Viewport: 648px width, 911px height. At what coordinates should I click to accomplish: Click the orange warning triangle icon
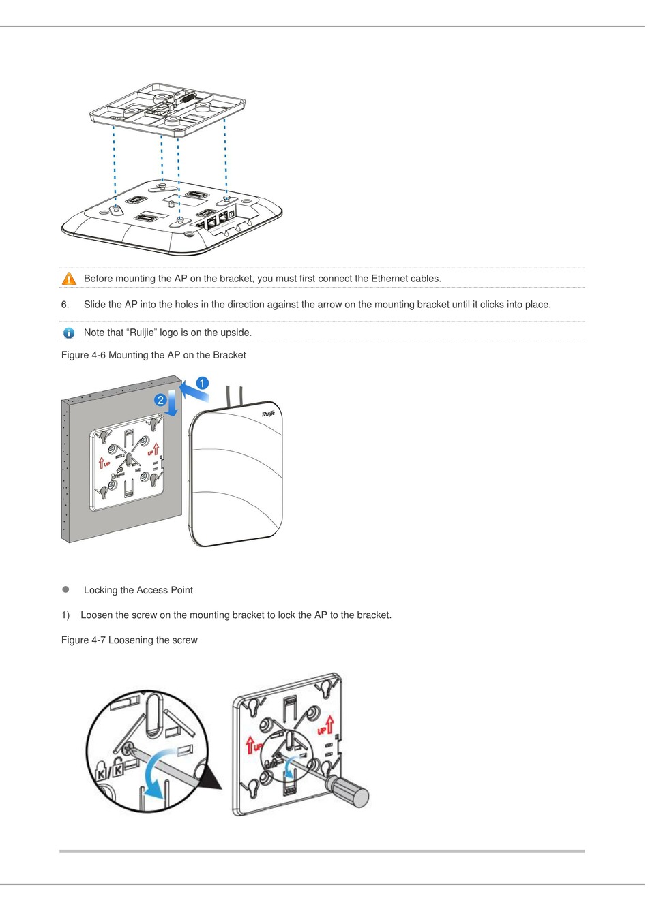click(x=69, y=279)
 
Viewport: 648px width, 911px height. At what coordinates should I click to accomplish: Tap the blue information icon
click(x=69, y=333)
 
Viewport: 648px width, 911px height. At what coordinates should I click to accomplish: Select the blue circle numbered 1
click(x=202, y=384)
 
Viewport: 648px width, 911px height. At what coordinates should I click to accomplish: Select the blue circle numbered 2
click(x=160, y=400)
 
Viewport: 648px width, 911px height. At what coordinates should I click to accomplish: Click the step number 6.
click(x=65, y=305)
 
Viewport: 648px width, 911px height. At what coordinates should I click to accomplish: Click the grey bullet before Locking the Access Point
click(x=66, y=589)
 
